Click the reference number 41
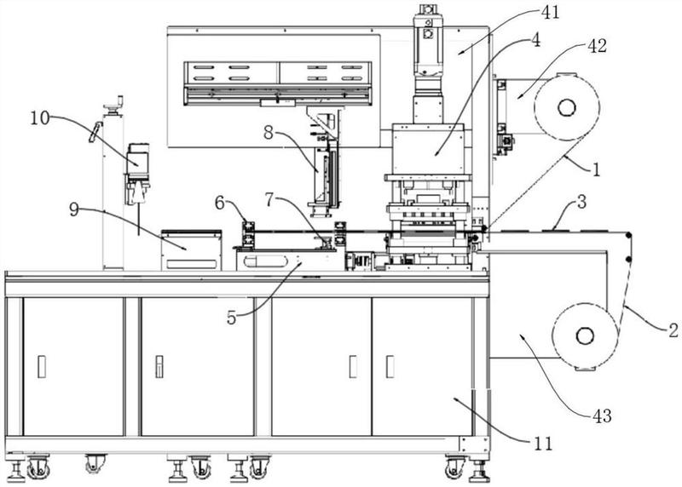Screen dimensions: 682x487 pos(550,12)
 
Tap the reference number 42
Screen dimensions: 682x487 pos(598,46)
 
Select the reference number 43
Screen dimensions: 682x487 pos(602,415)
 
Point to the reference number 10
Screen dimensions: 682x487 pos(40,118)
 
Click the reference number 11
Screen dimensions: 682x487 pos(543,444)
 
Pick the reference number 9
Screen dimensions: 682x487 pos(74,209)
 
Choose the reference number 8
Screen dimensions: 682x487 pos(269,133)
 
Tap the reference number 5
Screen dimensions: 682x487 pos(231,318)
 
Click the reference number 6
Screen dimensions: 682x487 pos(220,203)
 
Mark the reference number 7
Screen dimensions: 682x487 pos(269,199)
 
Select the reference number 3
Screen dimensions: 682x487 pos(582,202)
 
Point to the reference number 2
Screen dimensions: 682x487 pos(673,330)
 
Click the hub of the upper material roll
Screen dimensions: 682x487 pos(567,107)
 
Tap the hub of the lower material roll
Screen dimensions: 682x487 pos(585,335)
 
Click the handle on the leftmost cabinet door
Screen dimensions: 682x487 pos(42,366)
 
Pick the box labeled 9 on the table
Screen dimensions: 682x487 pos(191,250)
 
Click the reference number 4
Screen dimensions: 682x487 pos(536,40)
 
